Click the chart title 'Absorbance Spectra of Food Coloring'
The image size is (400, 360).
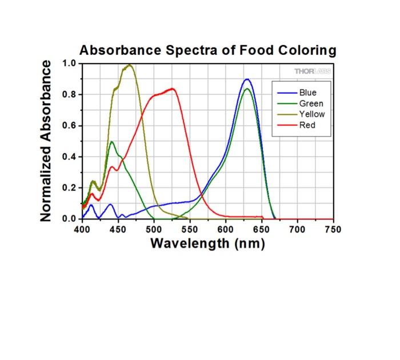pyautogui.click(x=207, y=50)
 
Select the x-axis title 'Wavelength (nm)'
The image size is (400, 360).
pyautogui.click(x=207, y=243)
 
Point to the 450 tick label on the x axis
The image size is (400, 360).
pyautogui.click(x=118, y=229)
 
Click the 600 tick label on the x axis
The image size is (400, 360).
pyautogui.click(x=226, y=229)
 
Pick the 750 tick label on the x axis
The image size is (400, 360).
pyautogui.click(x=333, y=229)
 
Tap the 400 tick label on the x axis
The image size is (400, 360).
pyautogui.click(x=82, y=229)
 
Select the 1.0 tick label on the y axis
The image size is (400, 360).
pyautogui.click(x=69, y=63)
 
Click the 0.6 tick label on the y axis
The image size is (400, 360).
pyautogui.click(x=69, y=126)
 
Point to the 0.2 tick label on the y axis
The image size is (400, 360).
pyautogui.click(x=69, y=188)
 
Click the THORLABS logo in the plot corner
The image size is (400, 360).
pyautogui.click(x=312, y=71)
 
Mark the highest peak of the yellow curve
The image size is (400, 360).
pyautogui.click(x=130, y=65)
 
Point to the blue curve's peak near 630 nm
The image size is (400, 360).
pyautogui.click(x=247, y=79)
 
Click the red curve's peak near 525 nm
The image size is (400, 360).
pyautogui.click(x=172, y=89)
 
